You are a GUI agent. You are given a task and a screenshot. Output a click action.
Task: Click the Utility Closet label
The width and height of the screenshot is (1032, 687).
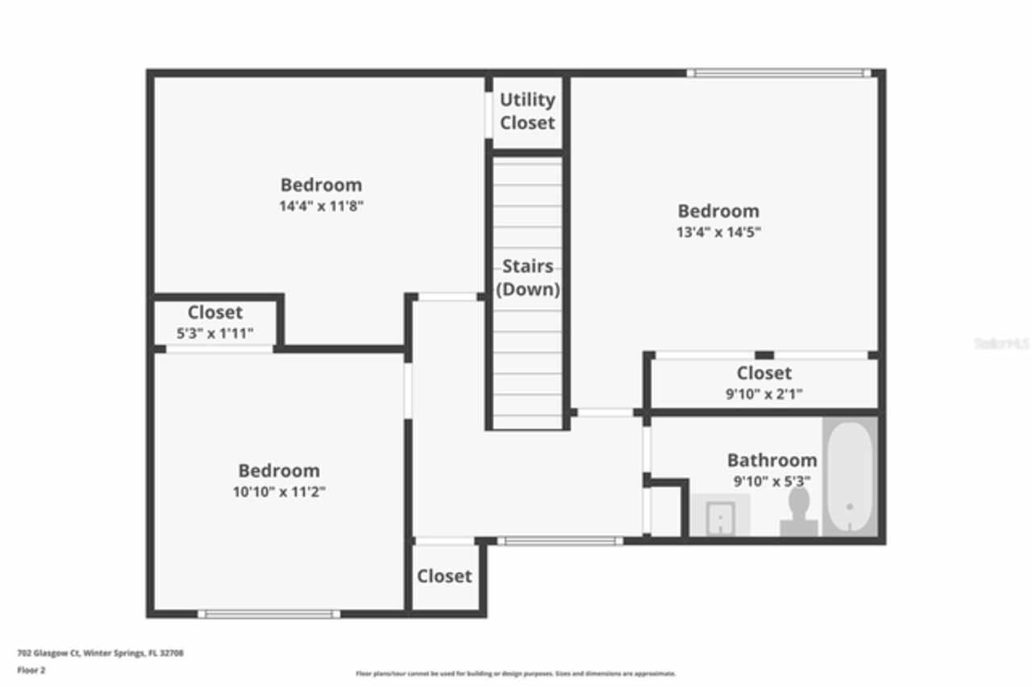coord(527,111)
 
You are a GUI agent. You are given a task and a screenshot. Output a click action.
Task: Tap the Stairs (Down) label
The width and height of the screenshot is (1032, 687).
coord(527,277)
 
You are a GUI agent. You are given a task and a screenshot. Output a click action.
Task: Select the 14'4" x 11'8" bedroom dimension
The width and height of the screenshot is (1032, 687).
coord(322,206)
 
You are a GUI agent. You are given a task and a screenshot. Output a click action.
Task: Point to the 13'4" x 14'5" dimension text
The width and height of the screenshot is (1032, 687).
coord(718,232)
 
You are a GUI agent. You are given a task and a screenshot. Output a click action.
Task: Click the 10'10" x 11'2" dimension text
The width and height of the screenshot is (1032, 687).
coord(279,492)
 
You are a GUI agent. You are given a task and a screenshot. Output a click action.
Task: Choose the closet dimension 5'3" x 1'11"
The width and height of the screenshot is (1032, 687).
coord(214,333)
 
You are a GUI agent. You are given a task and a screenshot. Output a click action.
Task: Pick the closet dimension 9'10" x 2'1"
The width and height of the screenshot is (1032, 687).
coord(764,394)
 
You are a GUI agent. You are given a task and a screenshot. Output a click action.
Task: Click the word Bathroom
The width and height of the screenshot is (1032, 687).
coord(772,460)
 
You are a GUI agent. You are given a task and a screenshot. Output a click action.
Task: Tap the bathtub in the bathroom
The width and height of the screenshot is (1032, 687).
coord(849,477)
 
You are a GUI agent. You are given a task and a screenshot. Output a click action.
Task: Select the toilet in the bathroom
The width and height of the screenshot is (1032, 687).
coord(799,511)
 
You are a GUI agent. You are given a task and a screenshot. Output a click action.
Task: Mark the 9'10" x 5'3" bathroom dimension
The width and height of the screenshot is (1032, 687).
coord(772,481)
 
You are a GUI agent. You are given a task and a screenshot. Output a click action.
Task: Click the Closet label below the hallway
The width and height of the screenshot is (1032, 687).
coord(444,577)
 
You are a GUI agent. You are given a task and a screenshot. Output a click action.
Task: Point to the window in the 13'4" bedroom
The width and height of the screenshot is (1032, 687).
coord(778,73)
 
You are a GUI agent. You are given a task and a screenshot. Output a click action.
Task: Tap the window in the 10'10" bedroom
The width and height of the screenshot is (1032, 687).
coord(268,614)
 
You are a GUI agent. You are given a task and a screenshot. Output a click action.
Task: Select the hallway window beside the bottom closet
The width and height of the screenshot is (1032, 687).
coord(560,541)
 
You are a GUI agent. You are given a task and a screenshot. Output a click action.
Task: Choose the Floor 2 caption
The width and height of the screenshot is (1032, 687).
coord(31,670)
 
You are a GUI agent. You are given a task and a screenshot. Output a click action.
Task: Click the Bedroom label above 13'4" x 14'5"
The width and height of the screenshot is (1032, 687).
coord(718,211)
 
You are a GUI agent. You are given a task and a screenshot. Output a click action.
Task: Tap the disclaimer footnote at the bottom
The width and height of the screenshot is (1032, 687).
coord(516,673)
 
